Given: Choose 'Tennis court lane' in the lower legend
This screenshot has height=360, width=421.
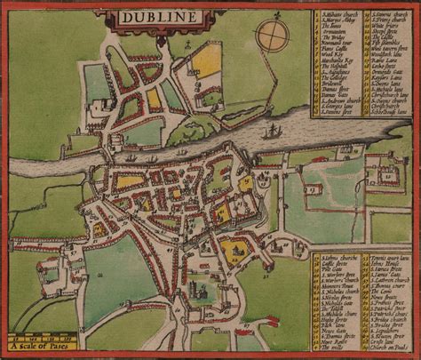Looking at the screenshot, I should coord(389,259).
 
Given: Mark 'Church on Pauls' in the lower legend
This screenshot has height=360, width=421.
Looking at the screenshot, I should coord(389,346).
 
